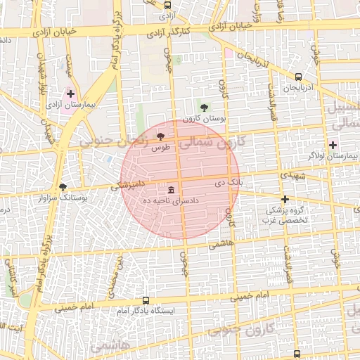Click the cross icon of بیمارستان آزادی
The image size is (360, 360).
click(70, 94)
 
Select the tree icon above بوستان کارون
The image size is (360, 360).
click(204, 108)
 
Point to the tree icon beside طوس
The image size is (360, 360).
click(160, 136)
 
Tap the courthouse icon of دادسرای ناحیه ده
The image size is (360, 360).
click(171, 191)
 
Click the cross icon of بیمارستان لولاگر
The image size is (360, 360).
click(333, 145)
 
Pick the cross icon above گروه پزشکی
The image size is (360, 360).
click(285, 199)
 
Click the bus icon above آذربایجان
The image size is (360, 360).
click(298, 77)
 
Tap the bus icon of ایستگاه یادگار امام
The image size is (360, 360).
click(146, 300)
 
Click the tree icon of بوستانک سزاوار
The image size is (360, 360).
click(63, 187)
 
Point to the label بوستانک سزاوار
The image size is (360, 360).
click(63, 198)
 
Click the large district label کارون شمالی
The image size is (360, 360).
click(212, 142)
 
